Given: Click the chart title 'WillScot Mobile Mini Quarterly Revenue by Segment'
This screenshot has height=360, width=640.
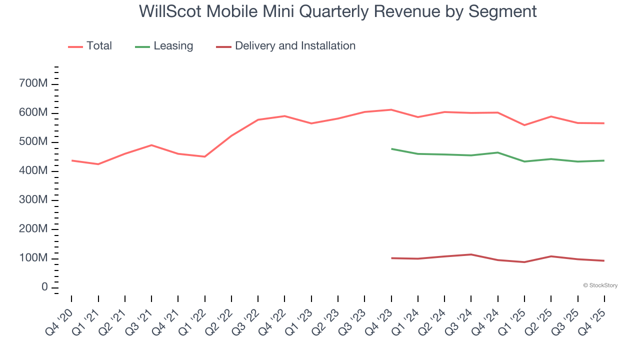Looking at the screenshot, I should click(x=338, y=11).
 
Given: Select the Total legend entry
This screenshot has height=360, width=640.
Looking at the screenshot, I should click(x=90, y=46).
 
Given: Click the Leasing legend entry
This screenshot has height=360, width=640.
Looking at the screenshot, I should click(x=164, y=46).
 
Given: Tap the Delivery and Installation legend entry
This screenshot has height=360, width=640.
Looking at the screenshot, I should click(x=286, y=46).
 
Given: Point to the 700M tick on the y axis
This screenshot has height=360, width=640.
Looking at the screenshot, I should click(x=34, y=83).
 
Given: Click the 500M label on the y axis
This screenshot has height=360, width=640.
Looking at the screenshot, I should click(x=34, y=142).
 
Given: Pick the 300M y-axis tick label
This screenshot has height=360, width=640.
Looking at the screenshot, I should click(x=34, y=200).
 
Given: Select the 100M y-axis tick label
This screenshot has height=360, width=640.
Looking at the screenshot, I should click(x=34, y=258).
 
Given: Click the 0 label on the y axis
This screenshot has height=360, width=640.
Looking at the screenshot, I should click(x=45, y=287).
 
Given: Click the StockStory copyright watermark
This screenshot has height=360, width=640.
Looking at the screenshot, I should click(x=600, y=285).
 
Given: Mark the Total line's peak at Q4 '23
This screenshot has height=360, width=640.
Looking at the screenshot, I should click(x=391, y=109).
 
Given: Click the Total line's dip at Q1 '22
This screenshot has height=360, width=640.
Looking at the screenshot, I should click(x=204, y=156).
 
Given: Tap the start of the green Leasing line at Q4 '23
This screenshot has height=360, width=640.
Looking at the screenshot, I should click(x=391, y=149).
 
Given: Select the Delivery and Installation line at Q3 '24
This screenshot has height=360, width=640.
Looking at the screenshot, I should click(x=471, y=254).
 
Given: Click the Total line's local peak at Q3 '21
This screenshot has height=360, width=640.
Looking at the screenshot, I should click(x=151, y=145).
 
